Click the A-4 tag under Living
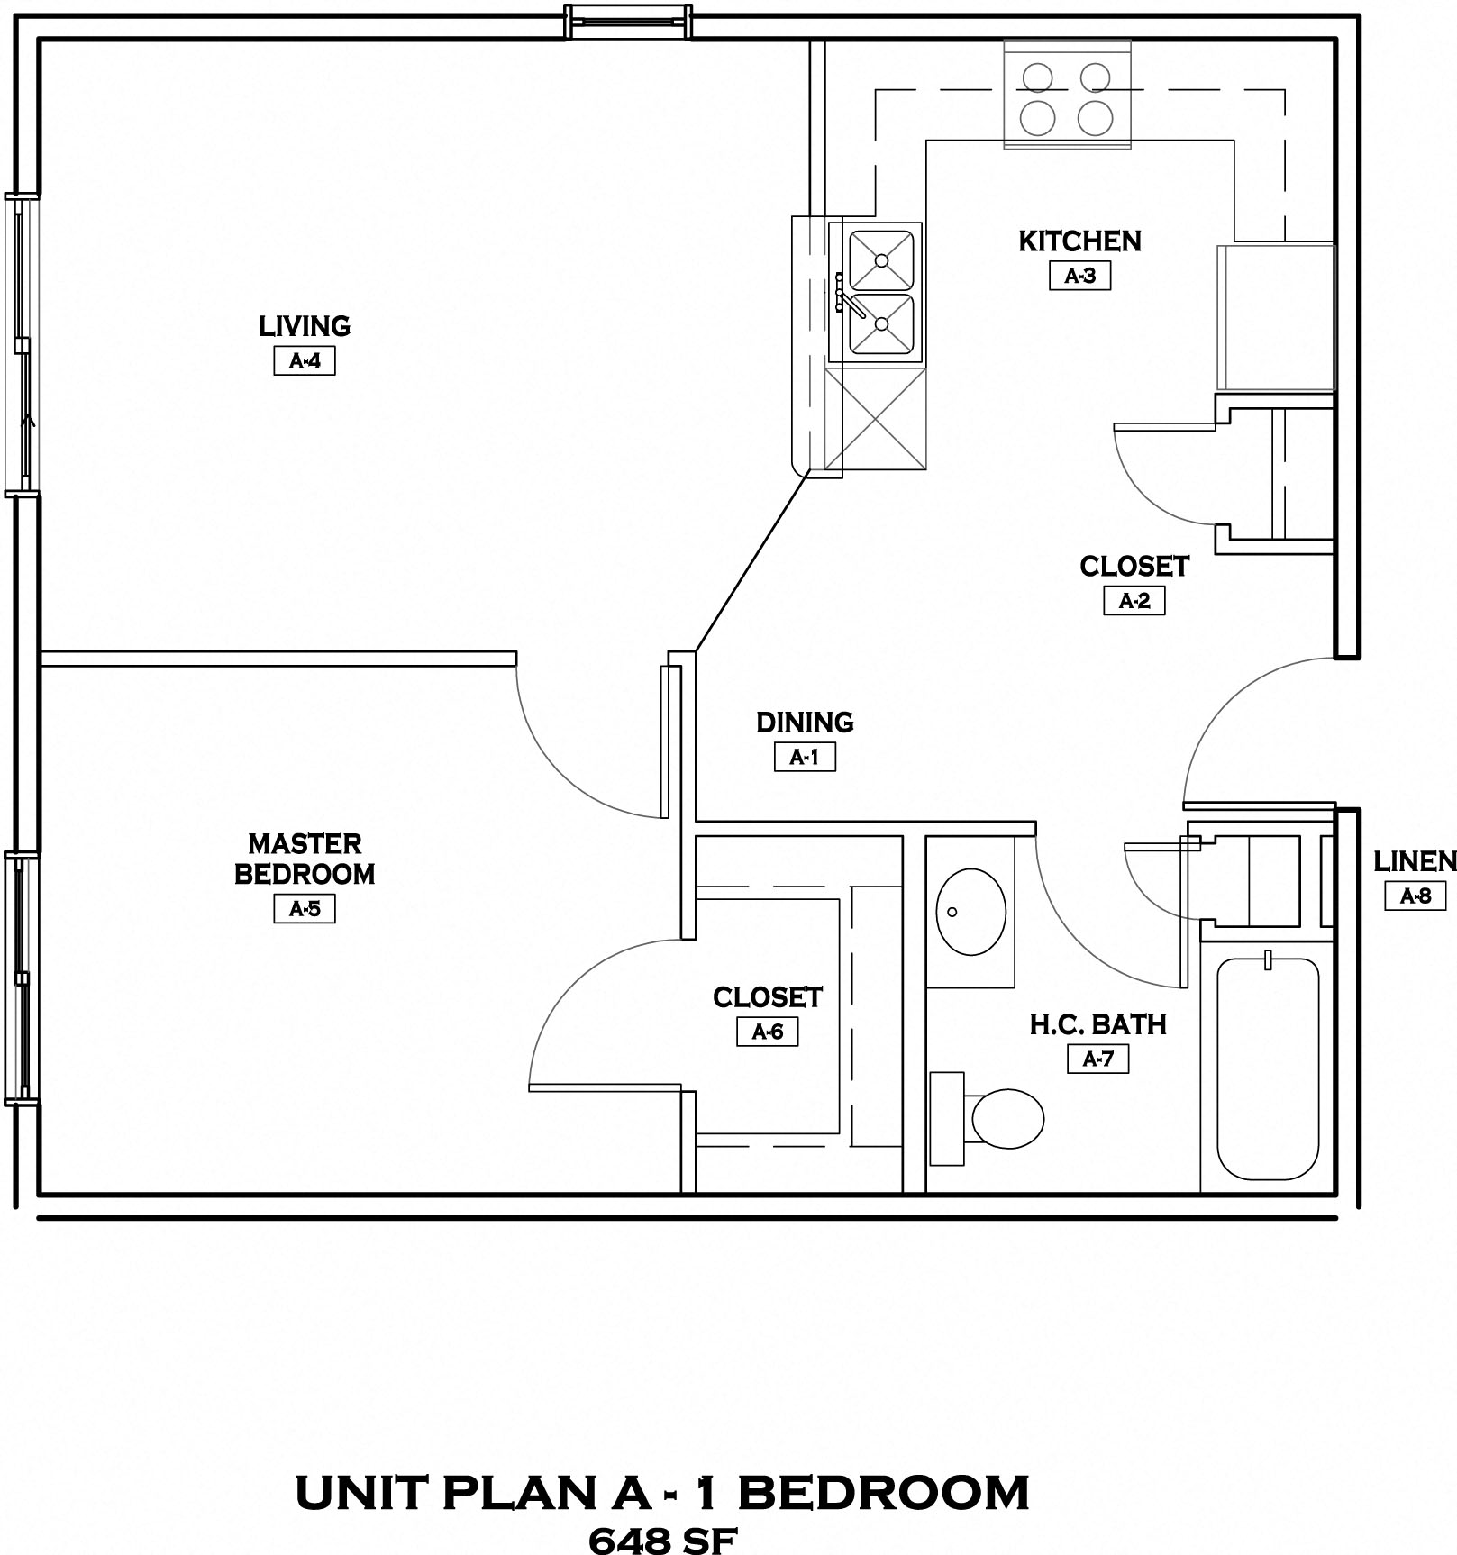click(x=305, y=361)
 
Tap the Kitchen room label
click(x=1079, y=241)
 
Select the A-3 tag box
click(x=1079, y=276)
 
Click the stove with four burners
click(x=1067, y=96)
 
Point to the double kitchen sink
click(x=880, y=292)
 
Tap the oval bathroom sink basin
click(x=970, y=912)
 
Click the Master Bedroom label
click(x=305, y=859)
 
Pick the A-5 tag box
click(x=305, y=909)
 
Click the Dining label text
click(x=805, y=723)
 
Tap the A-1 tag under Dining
click(x=805, y=757)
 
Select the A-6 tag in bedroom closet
click(x=768, y=1032)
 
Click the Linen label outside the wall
click(x=1414, y=862)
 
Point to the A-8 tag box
click(x=1415, y=896)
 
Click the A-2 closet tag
click(x=1134, y=601)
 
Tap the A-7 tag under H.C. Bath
click(x=1097, y=1059)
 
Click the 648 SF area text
click(x=662, y=1540)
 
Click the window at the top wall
click(x=628, y=22)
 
